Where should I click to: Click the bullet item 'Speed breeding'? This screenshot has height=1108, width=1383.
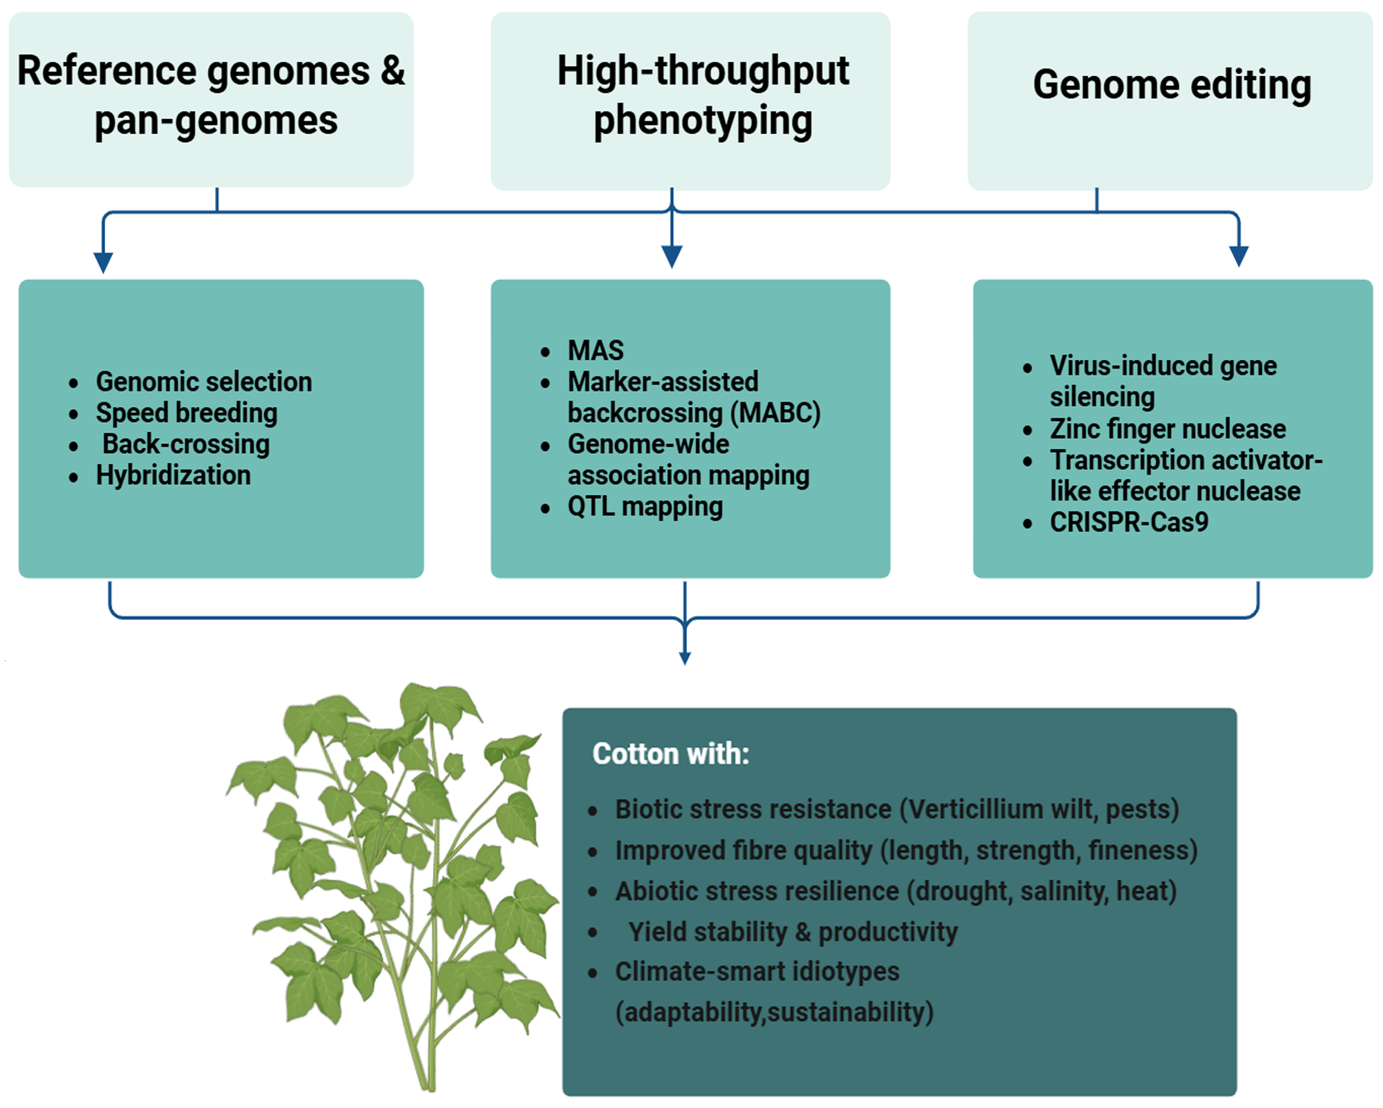pos(187,413)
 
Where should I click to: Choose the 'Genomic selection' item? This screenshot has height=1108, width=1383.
pos(204,382)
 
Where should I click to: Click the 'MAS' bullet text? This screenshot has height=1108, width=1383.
pos(595,350)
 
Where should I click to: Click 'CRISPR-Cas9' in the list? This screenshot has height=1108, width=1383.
pos(1129,522)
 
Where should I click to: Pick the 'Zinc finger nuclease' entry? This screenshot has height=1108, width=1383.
pos(1167,429)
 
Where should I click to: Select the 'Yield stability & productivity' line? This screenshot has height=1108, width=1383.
pos(793,932)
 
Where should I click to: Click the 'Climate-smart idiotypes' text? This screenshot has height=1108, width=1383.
pos(757,971)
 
